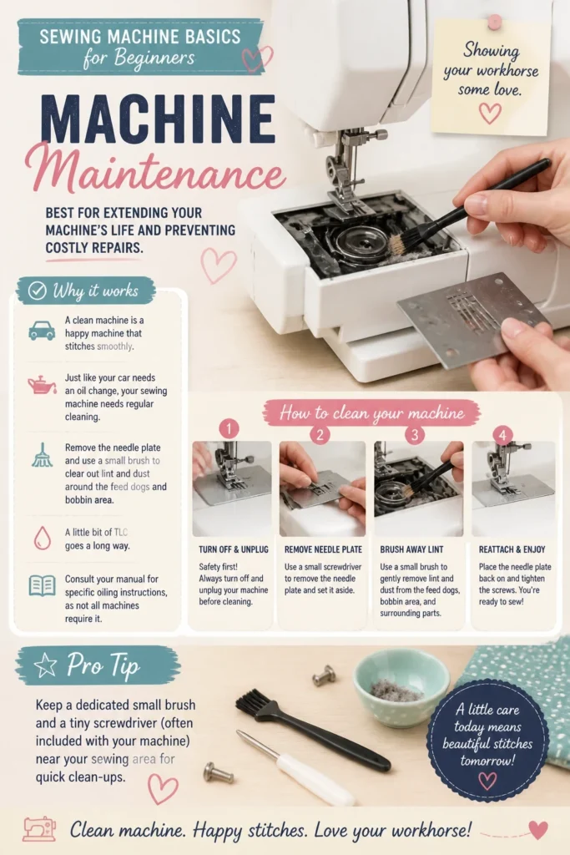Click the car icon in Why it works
click(42, 331)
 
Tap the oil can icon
click(42, 385)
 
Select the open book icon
click(42, 586)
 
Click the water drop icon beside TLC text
click(42, 538)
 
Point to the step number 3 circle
click(415, 434)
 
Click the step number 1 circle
click(229, 428)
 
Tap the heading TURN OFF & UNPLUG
click(233, 549)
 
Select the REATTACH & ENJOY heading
click(512, 549)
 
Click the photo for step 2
click(323, 488)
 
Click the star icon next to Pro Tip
click(45, 665)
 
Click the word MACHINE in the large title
click(158, 119)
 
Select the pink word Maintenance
click(155, 169)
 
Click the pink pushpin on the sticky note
click(494, 22)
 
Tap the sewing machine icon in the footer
click(39, 829)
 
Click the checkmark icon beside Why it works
click(37, 291)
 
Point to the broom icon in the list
click(42, 455)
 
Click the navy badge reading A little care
click(487, 734)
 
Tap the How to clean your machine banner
click(371, 412)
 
